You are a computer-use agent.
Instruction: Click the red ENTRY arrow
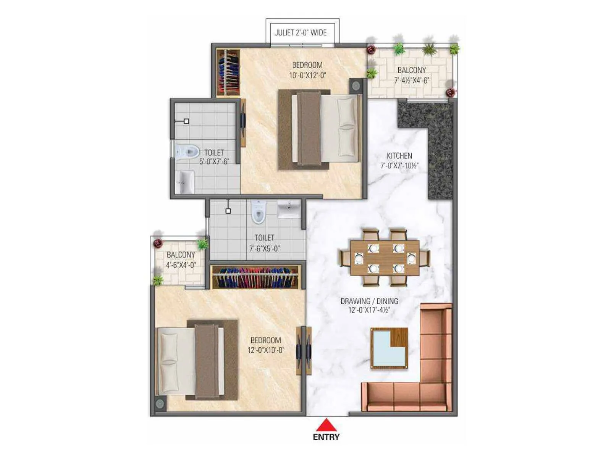[326, 425]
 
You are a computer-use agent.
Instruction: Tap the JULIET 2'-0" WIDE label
[301, 32]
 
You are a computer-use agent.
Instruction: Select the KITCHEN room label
[399, 156]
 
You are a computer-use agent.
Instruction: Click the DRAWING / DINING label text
[369, 301]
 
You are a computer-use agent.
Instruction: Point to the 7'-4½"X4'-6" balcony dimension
[412, 81]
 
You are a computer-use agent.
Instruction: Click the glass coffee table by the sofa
[389, 348]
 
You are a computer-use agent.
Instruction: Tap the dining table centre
[385, 258]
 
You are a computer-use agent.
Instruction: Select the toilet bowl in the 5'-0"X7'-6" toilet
[188, 152]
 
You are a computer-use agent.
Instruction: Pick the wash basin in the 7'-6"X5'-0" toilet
[289, 209]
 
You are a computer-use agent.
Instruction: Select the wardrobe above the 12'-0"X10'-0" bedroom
[255, 277]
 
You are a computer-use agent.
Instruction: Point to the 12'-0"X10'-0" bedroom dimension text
[266, 350]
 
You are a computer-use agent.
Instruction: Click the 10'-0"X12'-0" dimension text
[307, 76]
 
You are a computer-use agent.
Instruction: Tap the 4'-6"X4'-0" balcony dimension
[181, 265]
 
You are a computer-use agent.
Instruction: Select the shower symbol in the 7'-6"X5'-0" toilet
[228, 211]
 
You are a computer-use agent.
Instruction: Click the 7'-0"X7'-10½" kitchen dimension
[399, 166]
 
